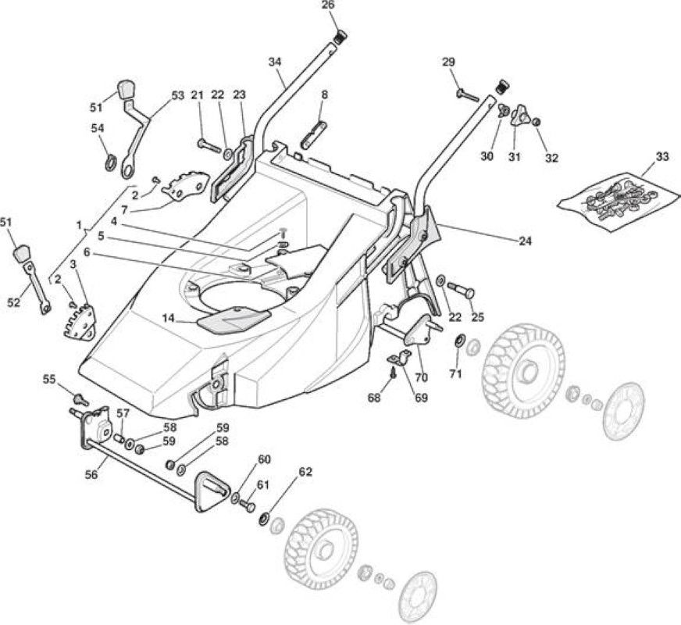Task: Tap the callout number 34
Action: coord(275,62)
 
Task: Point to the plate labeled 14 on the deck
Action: coord(234,319)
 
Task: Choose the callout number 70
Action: coord(421,377)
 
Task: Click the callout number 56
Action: coord(91,475)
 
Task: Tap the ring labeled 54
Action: coord(111,162)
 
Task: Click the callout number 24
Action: coord(525,241)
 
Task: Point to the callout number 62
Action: coord(306,472)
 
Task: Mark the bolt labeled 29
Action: coord(467,95)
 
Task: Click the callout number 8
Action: coord(324,95)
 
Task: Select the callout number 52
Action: coord(14,302)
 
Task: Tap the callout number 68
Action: coord(374,397)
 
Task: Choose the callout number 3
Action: coord(73,263)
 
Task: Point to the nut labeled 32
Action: coord(537,123)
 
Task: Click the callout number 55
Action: coord(49,379)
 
